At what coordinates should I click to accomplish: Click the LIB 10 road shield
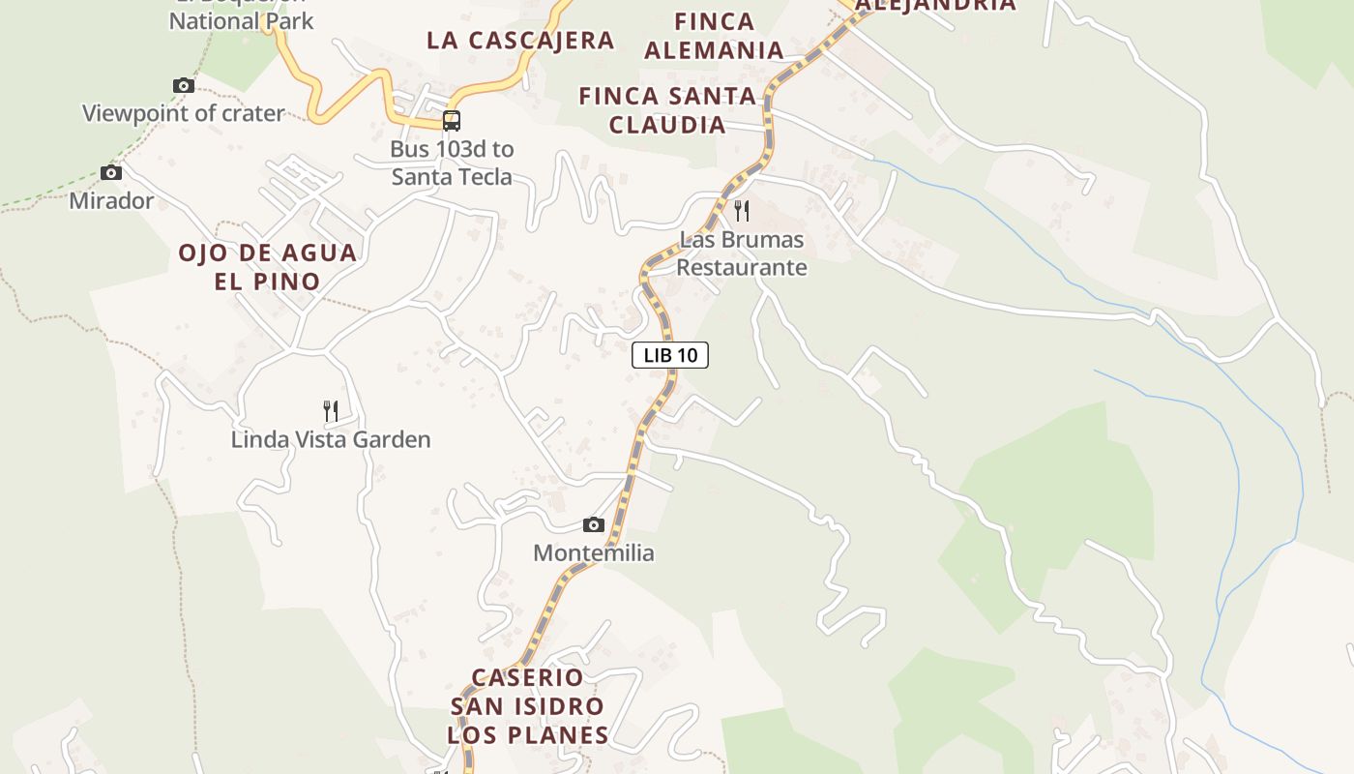(670, 355)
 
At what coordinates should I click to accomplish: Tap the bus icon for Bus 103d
(452, 121)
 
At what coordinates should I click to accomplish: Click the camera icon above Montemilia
(594, 525)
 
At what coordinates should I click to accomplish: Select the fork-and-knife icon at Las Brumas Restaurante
(742, 210)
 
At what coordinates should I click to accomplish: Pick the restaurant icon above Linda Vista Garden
(331, 411)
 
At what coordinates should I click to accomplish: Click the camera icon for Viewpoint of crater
(184, 86)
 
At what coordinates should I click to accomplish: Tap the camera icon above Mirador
(111, 173)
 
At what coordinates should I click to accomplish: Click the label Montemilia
(594, 553)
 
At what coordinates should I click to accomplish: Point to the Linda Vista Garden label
(331, 440)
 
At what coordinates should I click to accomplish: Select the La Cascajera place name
(520, 41)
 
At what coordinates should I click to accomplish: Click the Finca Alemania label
(714, 36)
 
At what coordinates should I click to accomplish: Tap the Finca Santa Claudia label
(667, 110)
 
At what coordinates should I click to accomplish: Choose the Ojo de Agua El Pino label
(267, 267)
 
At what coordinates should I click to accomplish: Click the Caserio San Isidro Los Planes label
(528, 706)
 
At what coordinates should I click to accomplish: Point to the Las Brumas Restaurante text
(741, 253)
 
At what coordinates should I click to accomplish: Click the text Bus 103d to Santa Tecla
(452, 164)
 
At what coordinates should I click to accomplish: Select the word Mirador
(111, 201)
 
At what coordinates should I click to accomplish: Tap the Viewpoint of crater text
(184, 113)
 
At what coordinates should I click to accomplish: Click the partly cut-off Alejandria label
(936, 5)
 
